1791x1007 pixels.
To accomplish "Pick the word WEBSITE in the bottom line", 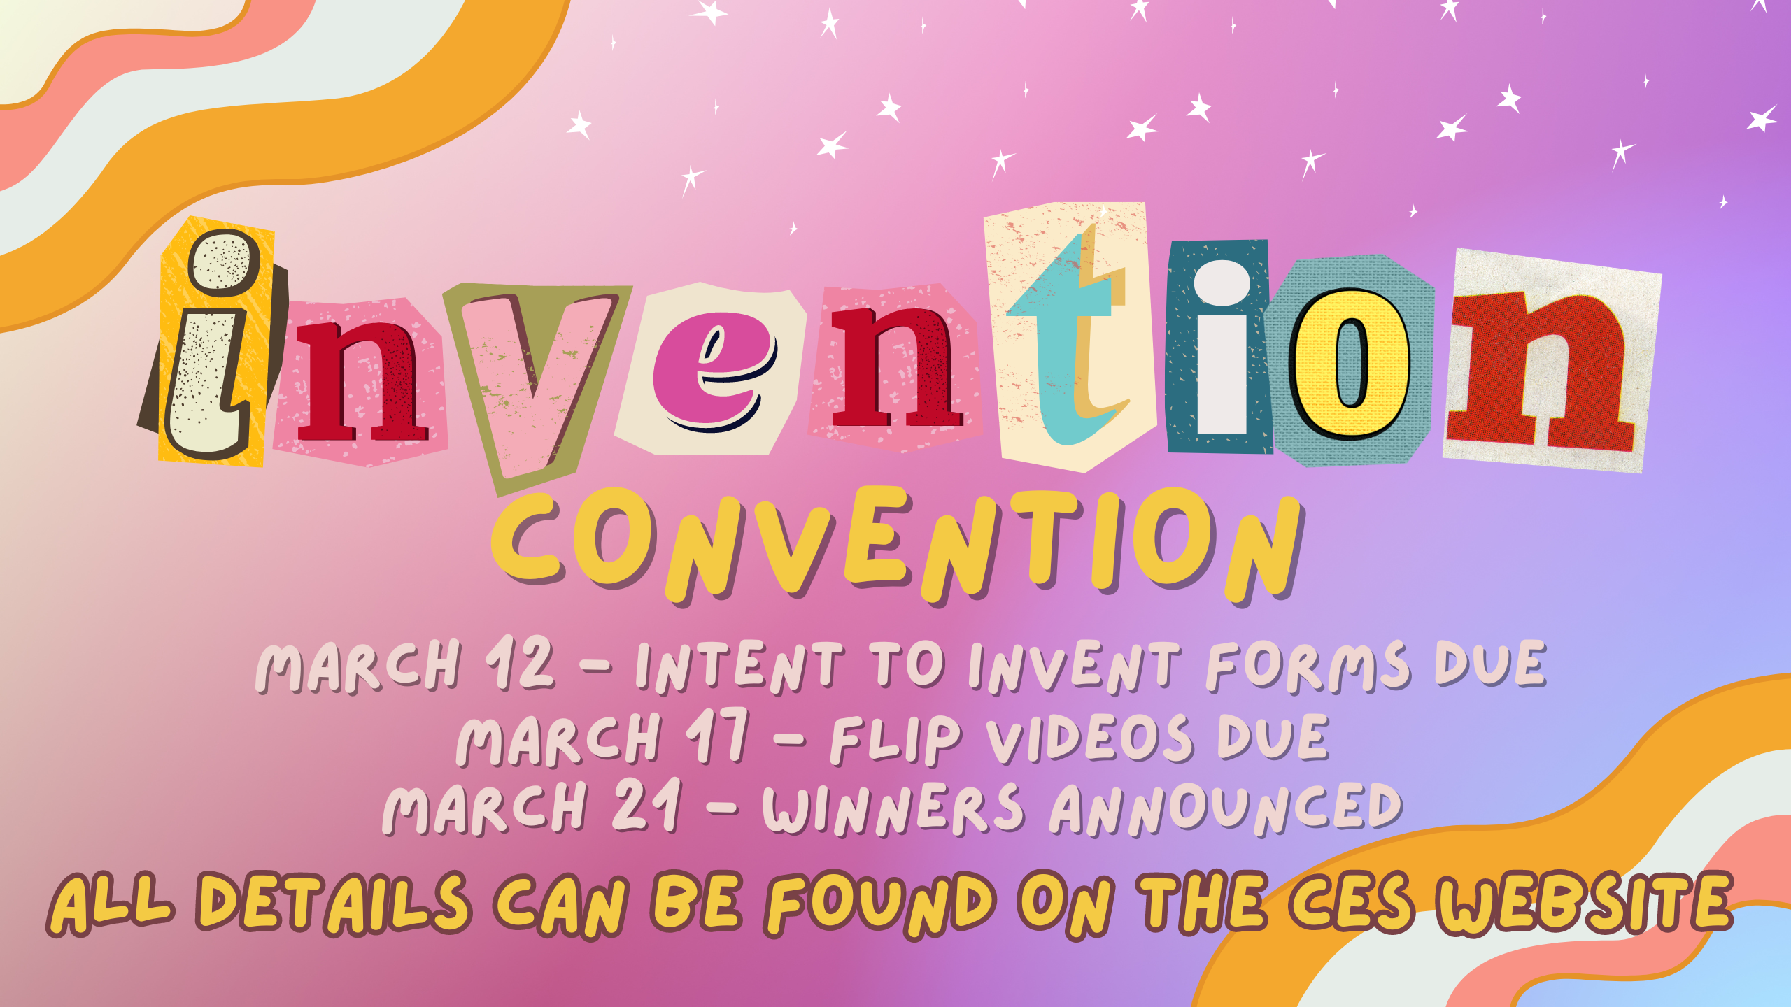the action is (1585, 902).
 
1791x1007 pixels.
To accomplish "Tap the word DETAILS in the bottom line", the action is (332, 902).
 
